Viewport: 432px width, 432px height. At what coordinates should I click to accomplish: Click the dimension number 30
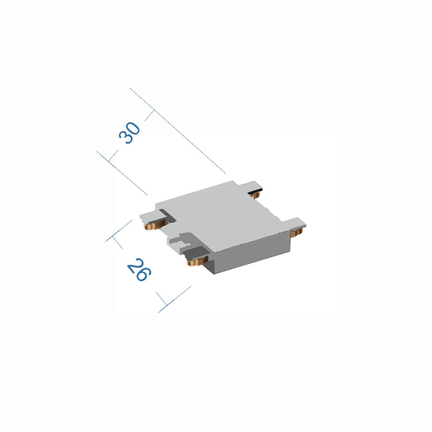pyautogui.click(x=130, y=133)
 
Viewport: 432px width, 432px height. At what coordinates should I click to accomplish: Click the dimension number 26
pyautogui.click(x=139, y=270)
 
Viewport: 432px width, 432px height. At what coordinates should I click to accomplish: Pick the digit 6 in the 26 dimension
pyautogui.click(x=144, y=275)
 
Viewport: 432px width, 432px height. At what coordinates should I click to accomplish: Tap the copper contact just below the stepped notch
pyautogui.click(x=197, y=261)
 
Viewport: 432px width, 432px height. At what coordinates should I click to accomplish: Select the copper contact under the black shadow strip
pyautogui.click(x=255, y=195)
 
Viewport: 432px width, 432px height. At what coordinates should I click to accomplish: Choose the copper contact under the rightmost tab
pyautogui.click(x=296, y=231)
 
